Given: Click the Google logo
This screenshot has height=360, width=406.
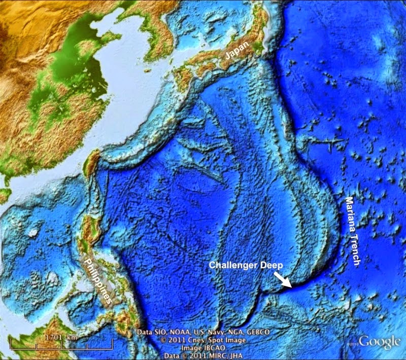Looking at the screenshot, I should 380,342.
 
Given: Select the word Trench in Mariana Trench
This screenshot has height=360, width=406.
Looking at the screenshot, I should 354,249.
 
